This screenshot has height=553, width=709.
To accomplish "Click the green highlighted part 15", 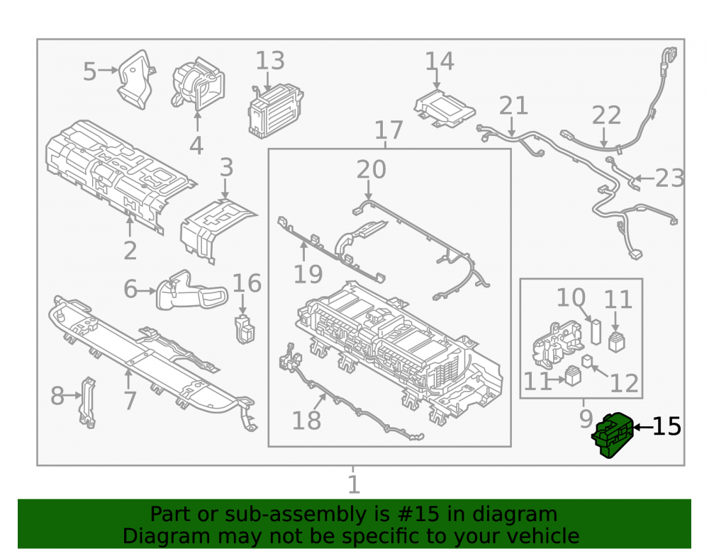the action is (613, 435).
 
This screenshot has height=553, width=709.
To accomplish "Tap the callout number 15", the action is (667, 426).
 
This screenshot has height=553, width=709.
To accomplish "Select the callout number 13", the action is (270, 61).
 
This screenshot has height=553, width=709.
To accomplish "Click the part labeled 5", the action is (135, 80).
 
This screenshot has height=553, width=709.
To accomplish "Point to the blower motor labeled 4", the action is (198, 85).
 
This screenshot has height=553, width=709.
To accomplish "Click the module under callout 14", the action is (445, 108).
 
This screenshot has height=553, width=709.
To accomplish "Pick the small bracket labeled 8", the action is (87, 402).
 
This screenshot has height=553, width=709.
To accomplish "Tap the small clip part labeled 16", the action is (245, 329).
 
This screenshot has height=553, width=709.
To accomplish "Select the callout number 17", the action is (389, 130).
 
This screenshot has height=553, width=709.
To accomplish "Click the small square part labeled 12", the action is (587, 361).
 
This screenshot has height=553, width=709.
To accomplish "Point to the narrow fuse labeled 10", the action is (596, 332).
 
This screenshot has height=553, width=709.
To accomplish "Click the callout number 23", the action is (670, 178).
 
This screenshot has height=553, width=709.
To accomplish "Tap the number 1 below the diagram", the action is (354, 485).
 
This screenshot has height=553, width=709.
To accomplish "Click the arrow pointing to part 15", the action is (642, 427).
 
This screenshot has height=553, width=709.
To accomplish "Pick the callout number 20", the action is (372, 169).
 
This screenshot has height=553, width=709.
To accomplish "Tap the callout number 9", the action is (586, 419).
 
